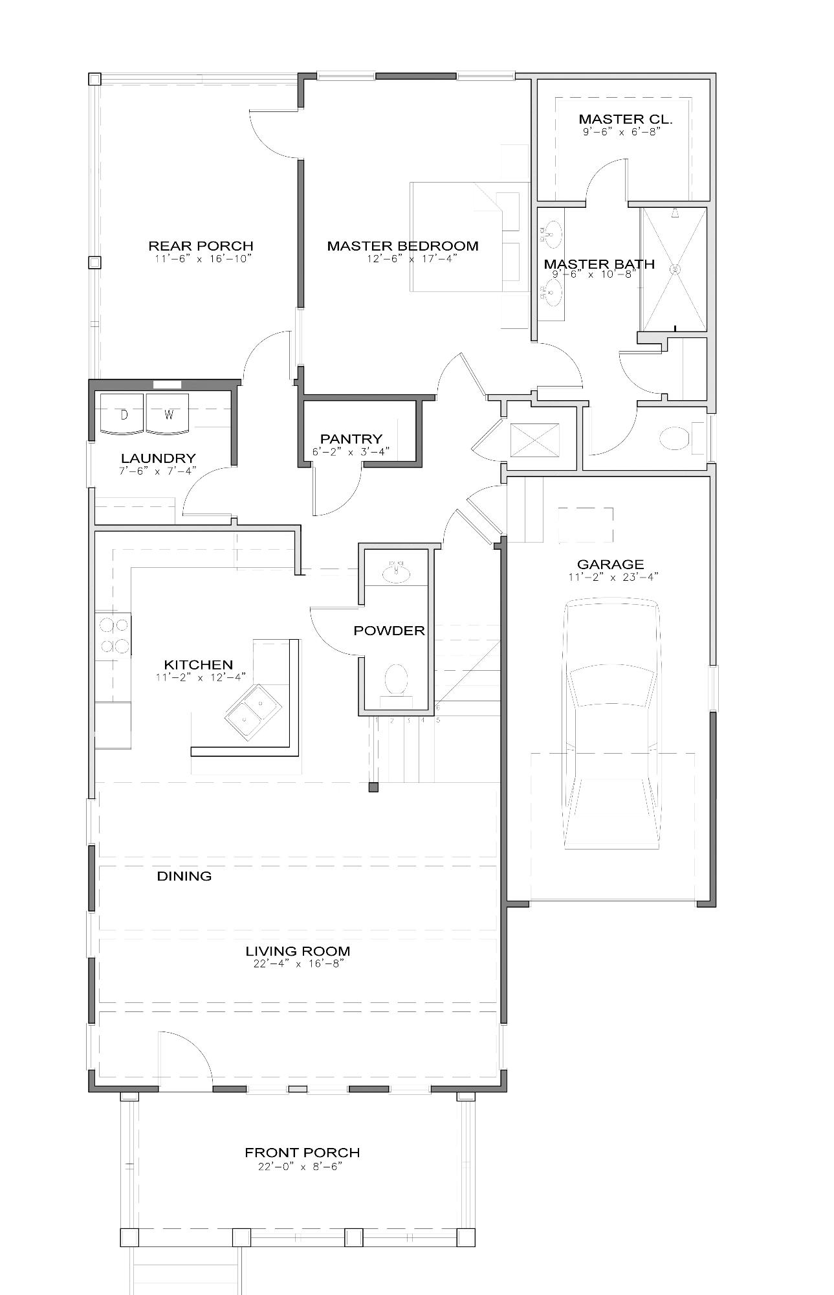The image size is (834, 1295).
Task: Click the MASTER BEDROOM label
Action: [402, 246]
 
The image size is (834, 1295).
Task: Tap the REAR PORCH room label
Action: [201, 246]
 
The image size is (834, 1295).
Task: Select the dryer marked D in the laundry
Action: [124, 414]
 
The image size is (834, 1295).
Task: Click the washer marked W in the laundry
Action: [168, 414]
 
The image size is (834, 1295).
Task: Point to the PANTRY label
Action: [351, 439]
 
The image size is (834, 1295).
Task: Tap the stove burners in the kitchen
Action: [113, 635]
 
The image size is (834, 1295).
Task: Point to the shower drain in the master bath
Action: [675, 269]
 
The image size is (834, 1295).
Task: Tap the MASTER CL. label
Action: [625, 119]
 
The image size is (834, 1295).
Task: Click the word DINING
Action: [184, 876]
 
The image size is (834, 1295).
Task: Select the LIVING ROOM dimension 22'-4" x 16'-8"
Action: [298, 963]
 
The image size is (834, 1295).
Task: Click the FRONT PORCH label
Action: [302, 1153]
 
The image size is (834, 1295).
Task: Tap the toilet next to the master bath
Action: [673, 438]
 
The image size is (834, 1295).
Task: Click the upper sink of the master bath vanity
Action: [553, 231]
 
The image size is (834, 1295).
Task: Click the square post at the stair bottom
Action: [373, 787]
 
